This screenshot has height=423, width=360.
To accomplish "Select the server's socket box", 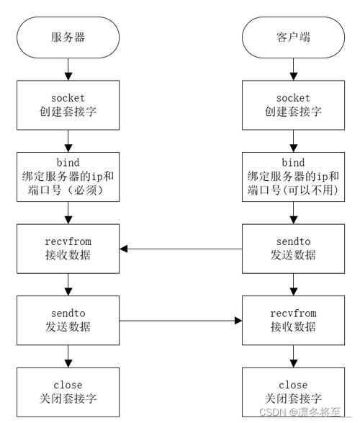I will [x=68, y=104].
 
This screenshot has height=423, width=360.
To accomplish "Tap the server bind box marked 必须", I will [x=68, y=177].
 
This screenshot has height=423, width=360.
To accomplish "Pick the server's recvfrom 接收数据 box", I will [x=68, y=249].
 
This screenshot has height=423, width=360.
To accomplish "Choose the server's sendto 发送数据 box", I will [x=68, y=320].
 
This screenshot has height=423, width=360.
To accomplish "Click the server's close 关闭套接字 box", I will [x=68, y=391].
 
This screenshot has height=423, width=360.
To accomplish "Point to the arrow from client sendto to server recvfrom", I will [x=180, y=249].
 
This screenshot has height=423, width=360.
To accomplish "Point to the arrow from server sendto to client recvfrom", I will [x=180, y=320].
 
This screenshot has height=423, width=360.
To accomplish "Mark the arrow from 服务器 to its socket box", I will [x=68, y=69].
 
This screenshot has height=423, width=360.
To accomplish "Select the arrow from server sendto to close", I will [x=68, y=355].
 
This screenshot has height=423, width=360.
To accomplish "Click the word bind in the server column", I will [x=68, y=163].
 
